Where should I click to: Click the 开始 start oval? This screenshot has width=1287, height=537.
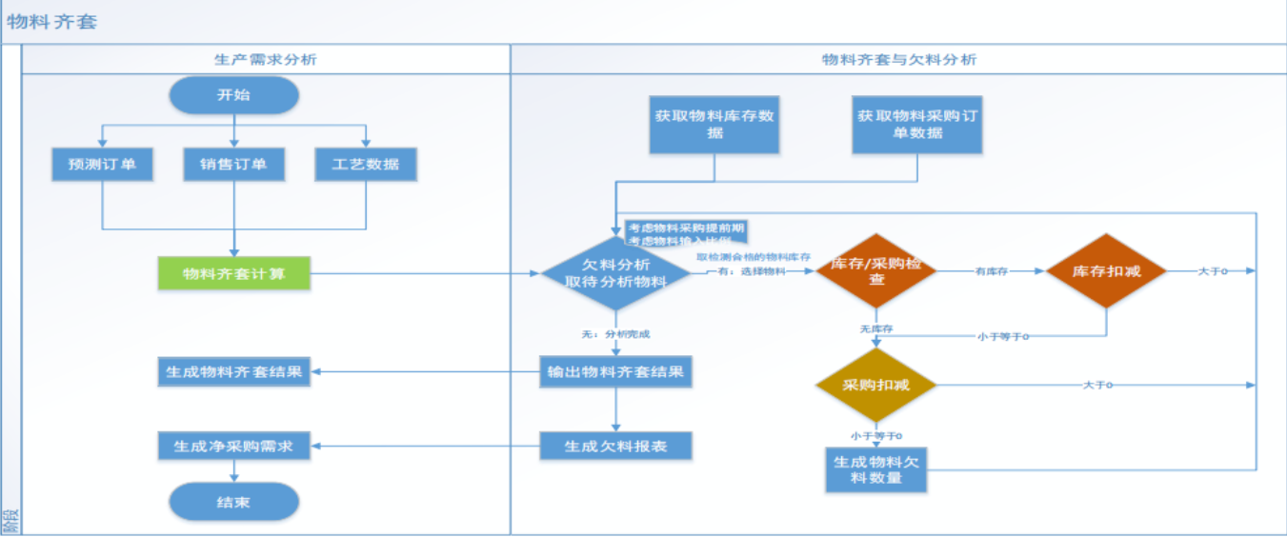[233, 95]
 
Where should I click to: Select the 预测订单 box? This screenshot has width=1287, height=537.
[102, 165]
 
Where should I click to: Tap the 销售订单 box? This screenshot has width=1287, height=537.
[233, 165]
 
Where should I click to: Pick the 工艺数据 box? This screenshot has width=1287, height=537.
[366, 165]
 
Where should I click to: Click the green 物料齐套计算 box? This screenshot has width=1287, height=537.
[233, 274]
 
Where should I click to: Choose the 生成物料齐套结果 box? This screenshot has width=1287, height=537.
[233, 371]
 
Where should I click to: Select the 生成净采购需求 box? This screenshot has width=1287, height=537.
[233, 445]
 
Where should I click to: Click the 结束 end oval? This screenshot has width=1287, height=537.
[233, 502]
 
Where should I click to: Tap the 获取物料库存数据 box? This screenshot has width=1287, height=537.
[714, 125]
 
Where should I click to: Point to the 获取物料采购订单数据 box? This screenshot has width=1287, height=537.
[916, 125]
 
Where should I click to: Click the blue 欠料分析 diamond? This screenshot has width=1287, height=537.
[615, 273]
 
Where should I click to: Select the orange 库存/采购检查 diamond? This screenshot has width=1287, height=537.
[875, 271]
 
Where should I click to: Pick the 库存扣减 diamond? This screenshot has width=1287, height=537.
[1106, 271]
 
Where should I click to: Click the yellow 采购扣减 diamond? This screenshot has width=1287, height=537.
[875, 385]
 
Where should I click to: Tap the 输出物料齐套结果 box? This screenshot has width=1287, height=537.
[615, 371]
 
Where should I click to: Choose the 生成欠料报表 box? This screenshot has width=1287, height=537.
[615, 445]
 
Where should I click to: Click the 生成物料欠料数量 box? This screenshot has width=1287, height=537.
[875, 468]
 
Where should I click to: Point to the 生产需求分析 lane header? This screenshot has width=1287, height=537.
[266, 59]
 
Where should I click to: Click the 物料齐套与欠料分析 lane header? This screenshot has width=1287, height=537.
[898, 59]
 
